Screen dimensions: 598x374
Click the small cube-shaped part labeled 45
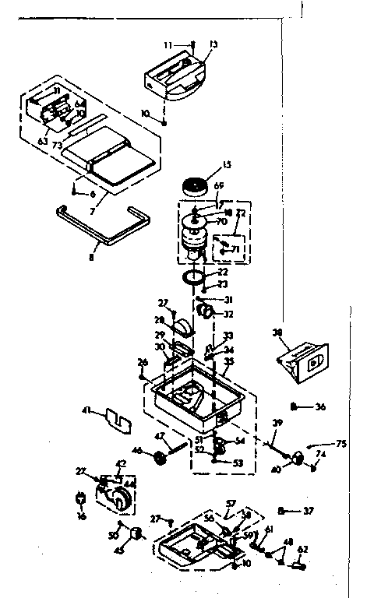(x=138, y=533)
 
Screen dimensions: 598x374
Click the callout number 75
(x=340, y=445)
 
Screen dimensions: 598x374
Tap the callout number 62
(x=303, y=549)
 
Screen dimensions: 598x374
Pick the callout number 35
(x=228, y=362)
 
